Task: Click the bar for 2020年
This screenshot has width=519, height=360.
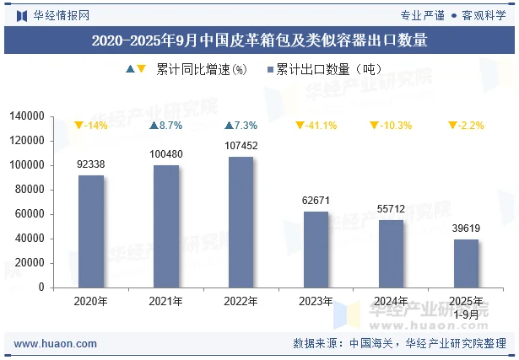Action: click(x=91, y=231)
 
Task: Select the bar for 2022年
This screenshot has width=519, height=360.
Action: click(x=241, y=222)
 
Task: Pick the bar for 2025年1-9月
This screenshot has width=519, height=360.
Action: click(x=466, y=263)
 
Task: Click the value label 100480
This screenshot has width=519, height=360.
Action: click(x=165, y=154)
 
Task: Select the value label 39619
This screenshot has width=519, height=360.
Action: click(x=466, y=228)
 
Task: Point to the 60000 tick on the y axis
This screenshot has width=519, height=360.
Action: click(x=30, y=214)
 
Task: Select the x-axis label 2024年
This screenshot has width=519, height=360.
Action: click(x=391, y=301)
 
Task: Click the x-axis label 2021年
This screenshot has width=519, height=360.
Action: click(x=165, y=301)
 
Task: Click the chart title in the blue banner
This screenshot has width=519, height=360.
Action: click(x=259, y=40)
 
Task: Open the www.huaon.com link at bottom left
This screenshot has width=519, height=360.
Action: click(x=56, y=344)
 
